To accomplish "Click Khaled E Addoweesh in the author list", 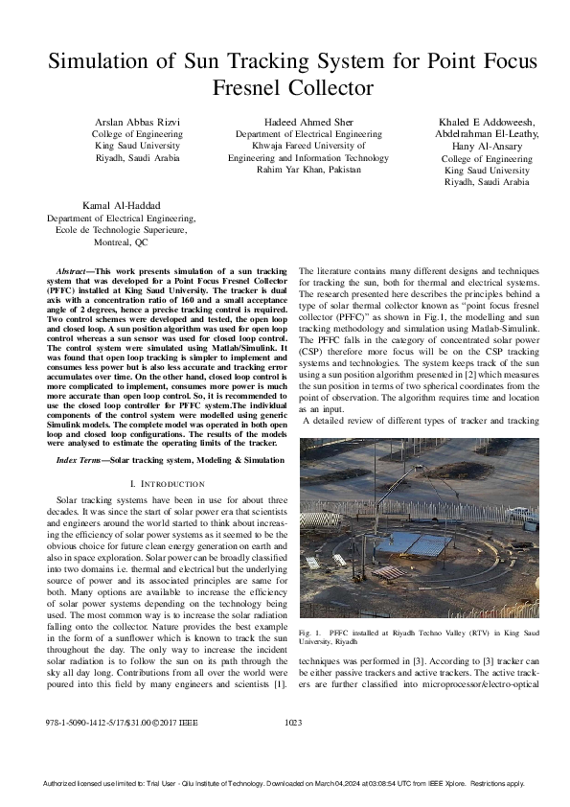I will (486, 122).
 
